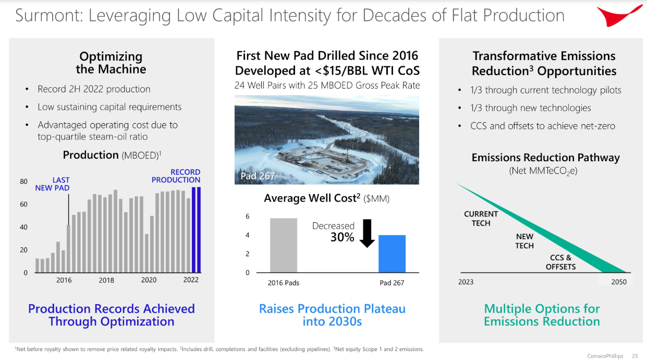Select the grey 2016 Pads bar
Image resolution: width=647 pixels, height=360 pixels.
[x=283, y=245]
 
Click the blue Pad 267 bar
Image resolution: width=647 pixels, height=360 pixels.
[x=392, y=254]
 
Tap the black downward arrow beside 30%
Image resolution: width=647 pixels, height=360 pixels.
[x=367, y=233]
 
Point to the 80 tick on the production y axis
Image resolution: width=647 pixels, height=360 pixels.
[x=24, y=182]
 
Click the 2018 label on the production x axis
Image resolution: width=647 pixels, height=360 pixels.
[x=106, y=280]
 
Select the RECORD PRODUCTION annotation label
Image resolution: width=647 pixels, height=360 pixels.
[x=176, y=176]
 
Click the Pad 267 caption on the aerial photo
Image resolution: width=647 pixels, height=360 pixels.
[x=257, y=176]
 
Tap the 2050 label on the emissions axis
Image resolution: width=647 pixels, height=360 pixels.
[x=619, y=282]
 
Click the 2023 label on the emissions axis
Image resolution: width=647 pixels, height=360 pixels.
[x=466, y=282]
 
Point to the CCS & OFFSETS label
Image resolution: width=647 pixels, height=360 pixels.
[x=560, y=262]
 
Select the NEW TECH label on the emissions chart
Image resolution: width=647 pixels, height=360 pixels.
[x=524, y=241]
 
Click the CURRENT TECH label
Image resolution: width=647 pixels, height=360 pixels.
[x=481, y=218]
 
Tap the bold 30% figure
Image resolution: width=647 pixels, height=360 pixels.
[x=342, y=237]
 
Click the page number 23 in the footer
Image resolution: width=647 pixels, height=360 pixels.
[x=634, y=356]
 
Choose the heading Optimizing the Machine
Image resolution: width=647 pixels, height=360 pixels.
[x=111, y=63]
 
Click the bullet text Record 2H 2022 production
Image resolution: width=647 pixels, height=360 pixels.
[x=94, y=89]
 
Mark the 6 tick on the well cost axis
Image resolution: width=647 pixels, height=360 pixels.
[x=247, y=217]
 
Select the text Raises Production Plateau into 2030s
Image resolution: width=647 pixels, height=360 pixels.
[x=332, y=315]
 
